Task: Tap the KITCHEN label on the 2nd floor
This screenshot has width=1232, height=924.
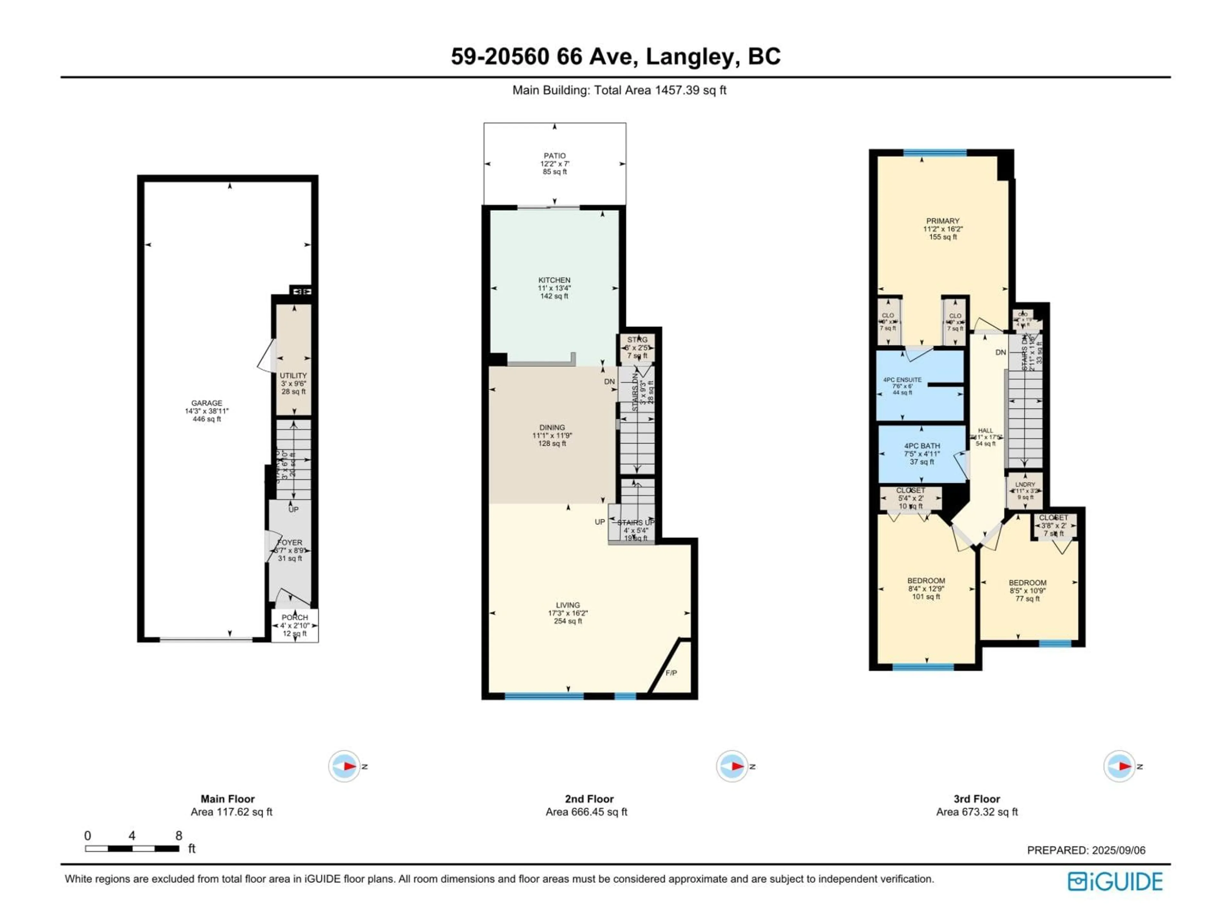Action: click(554, 280)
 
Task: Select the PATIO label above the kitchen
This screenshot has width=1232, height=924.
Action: click(555, 156)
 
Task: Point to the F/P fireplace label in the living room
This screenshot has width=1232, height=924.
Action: click(671, 673)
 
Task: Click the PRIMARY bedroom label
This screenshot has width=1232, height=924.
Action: click(942, 221)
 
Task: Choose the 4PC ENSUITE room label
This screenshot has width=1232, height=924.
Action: click(902, 380)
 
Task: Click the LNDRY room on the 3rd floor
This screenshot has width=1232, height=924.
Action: click(1025, 484)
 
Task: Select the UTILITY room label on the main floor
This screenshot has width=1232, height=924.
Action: click(293, 376)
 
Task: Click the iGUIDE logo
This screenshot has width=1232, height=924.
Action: click(1115, 882)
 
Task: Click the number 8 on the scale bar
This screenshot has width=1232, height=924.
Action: click(179, 835)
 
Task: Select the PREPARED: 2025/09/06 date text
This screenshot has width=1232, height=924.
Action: click(1086, 851)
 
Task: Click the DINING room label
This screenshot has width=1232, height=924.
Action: click(552, 428)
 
